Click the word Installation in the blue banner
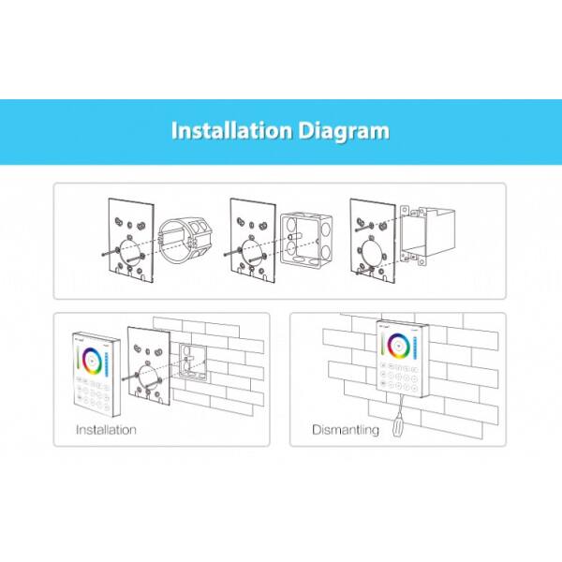coord(231,130)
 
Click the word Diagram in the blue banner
coord(344,131)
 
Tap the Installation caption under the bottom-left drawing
coord(106,430)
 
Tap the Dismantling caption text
coord(346,430)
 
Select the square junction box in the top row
coord(306,240)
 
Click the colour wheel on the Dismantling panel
coord(397,346)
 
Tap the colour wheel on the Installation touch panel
coord(92,361)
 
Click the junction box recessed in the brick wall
coord(193,362)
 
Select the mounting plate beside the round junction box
coord(131,240)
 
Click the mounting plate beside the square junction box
coord(253,240)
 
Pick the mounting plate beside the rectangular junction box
coord(373,241)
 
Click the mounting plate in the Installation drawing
coord(149,366)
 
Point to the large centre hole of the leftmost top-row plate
coord(129,250)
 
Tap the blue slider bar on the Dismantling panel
coord(415,348)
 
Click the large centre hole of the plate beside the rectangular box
coord(371,251)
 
